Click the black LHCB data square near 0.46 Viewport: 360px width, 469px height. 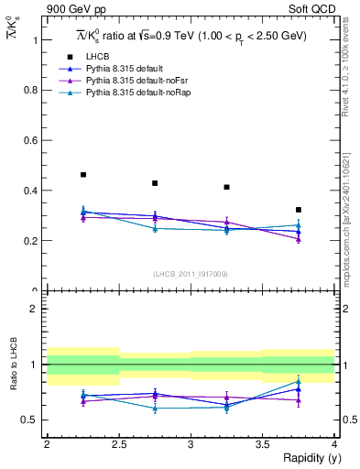83,175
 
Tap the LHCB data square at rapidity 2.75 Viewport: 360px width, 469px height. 155,183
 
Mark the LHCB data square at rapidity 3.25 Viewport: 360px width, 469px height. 226,187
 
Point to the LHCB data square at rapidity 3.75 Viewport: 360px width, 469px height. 298,210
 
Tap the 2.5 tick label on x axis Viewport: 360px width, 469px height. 119,444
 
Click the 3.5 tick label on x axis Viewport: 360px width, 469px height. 262,444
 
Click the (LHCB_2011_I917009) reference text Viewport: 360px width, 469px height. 190,274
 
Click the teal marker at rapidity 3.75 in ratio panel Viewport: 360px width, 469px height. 298,382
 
